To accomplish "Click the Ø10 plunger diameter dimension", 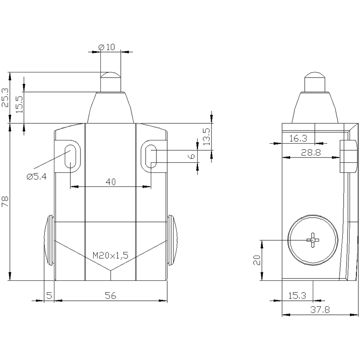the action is point(106,47).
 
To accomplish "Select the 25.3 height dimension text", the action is point(5,98).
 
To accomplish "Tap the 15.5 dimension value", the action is point(19,104).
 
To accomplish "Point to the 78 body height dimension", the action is point(5,201).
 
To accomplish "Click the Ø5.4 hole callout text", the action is point(37,176).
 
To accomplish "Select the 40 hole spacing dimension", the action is point(111,182).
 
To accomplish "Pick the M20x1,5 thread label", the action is point(110,255).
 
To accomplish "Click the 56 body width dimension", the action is point(111,296).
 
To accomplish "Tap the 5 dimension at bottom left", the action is point(49,296).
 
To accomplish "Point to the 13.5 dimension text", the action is point(207,137).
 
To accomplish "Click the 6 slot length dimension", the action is point(192,156).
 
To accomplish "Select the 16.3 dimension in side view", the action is point(298,138).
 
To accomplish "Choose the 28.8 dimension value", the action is point(311,152).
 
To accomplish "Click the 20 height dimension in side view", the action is point(257,260).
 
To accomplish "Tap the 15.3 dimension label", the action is point(297,296).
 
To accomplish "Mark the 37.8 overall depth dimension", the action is point(320,310).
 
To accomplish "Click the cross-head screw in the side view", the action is point(313,240).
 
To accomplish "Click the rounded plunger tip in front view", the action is point(111,75).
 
